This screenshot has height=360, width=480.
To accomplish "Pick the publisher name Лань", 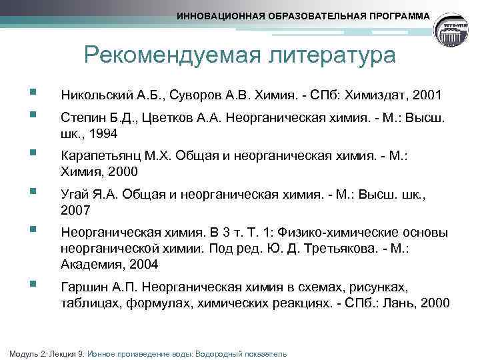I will (x=398, y=303).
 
